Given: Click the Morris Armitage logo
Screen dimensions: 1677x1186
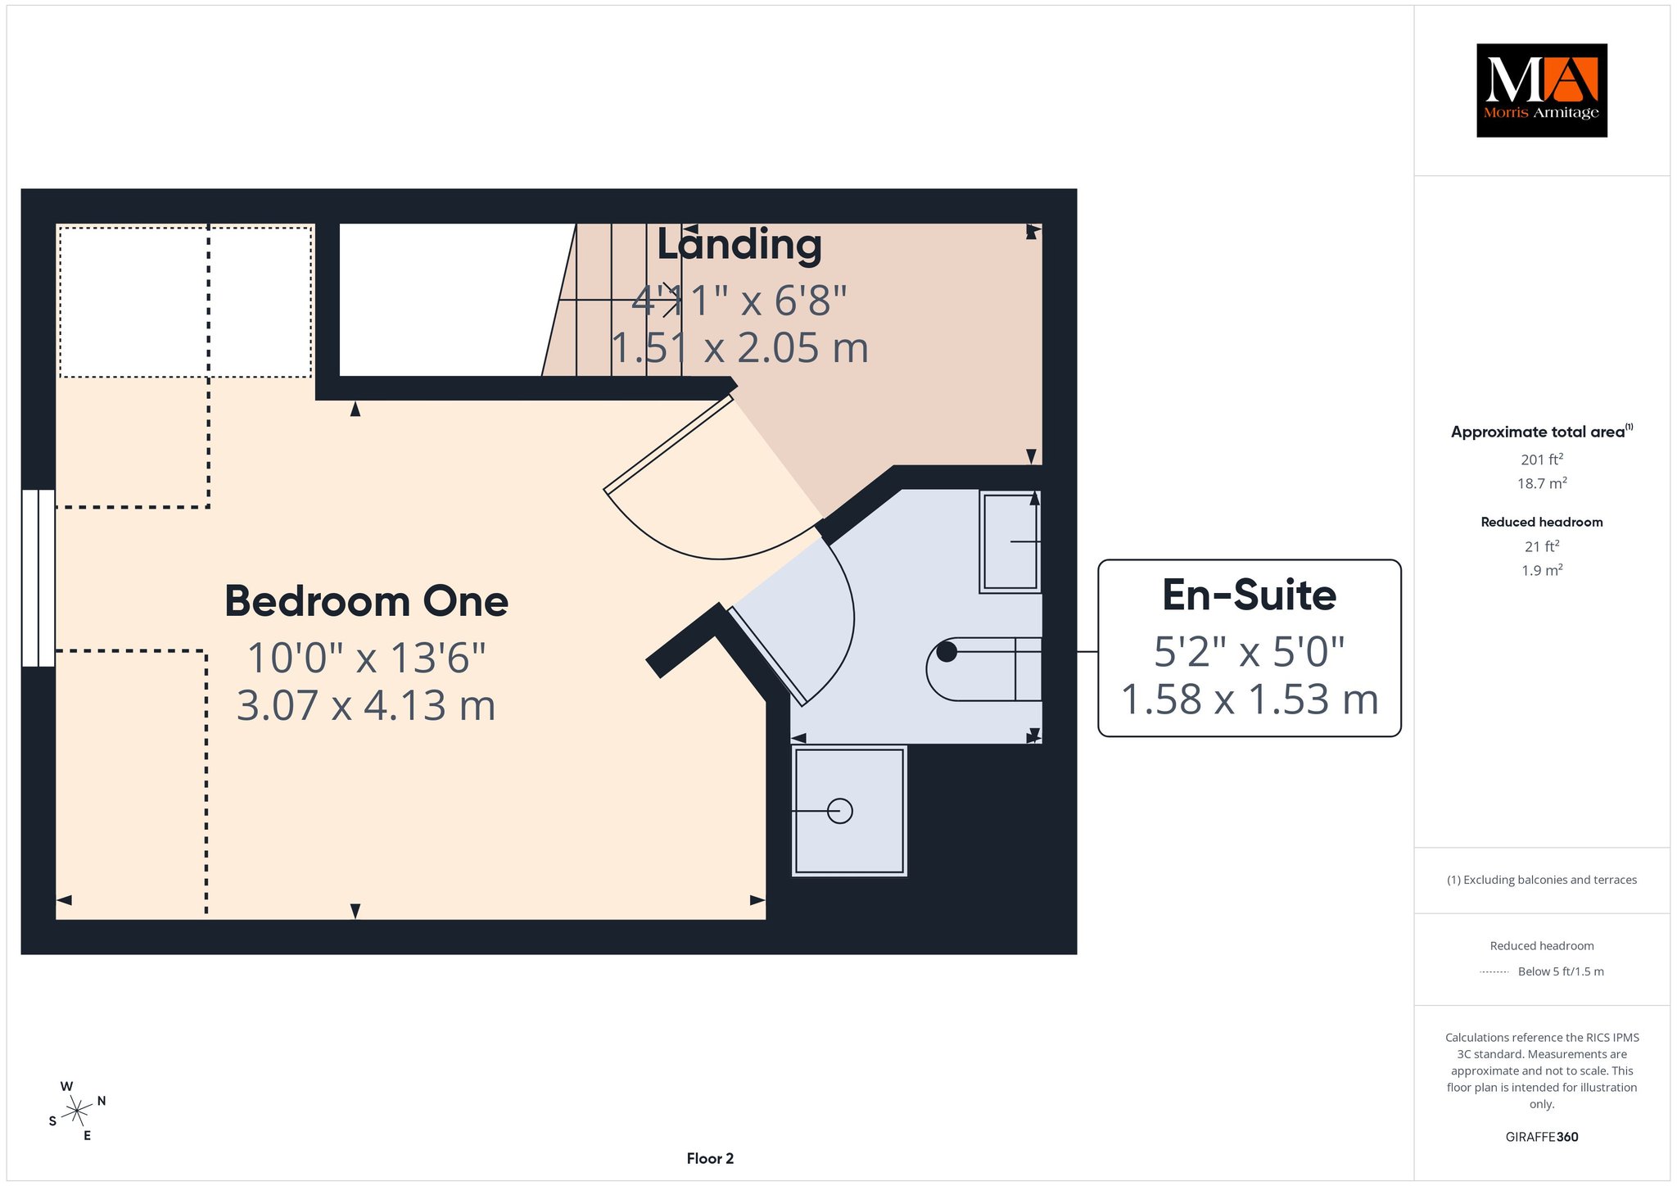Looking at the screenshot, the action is (x=1541, y=90).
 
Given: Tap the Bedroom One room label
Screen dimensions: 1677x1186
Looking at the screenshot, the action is (x=366, y=601).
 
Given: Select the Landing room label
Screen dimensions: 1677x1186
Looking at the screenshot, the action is (x=739, y=244).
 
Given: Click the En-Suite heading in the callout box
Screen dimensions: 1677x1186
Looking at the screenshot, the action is (x=1249, y=595).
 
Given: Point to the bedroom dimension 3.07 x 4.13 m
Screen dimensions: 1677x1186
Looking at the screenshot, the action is (x=366, y=705).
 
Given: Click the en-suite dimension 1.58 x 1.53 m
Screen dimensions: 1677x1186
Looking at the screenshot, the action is (x=1249, y=699).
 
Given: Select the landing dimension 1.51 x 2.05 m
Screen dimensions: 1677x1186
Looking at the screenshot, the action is (x=739, y=347).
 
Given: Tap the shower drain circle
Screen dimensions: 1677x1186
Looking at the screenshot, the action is (x=840, y=811).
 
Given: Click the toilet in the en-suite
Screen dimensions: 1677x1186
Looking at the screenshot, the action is (x=983, y=669).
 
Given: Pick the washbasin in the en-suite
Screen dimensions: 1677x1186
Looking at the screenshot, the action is (x=1010, y=541).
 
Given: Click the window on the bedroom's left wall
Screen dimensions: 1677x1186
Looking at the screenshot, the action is (x=38, y=578).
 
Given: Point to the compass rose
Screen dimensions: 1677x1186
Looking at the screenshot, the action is (x=77, y=1111).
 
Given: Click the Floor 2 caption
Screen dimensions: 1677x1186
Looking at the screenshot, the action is (x=710, y=1158).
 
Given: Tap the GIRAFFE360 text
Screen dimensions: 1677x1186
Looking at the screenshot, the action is (x=1542, y=1137).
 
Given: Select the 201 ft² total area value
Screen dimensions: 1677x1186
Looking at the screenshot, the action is (x=1542, y=459).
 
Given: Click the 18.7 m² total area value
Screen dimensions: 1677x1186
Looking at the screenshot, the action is (x=1542, y=483).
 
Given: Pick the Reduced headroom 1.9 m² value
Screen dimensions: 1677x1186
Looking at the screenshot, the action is (x=1542, y=570).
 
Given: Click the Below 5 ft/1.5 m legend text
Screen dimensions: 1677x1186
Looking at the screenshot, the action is (x=1561, y=971).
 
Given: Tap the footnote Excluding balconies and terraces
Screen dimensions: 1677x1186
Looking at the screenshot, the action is (x=1542, y=880).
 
